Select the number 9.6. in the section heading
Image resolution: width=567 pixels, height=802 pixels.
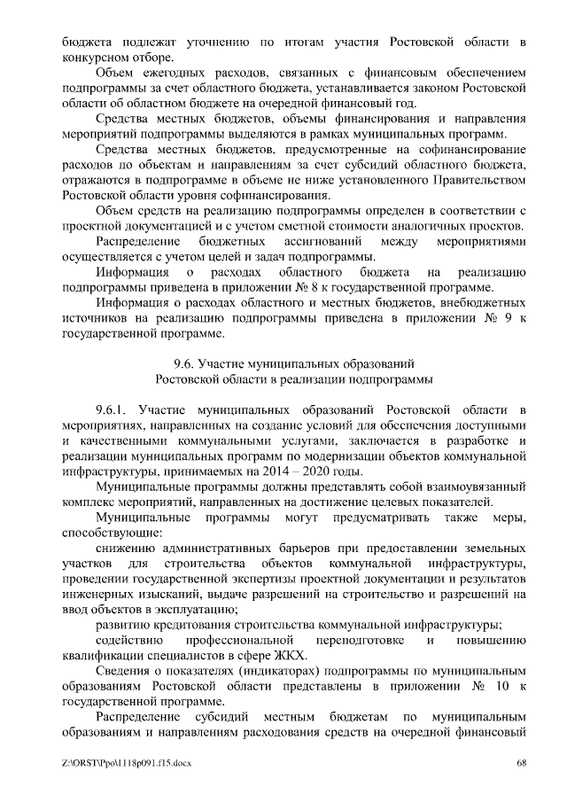(x=183, y=363)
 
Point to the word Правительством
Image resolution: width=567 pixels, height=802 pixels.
(x=470, y=180)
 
